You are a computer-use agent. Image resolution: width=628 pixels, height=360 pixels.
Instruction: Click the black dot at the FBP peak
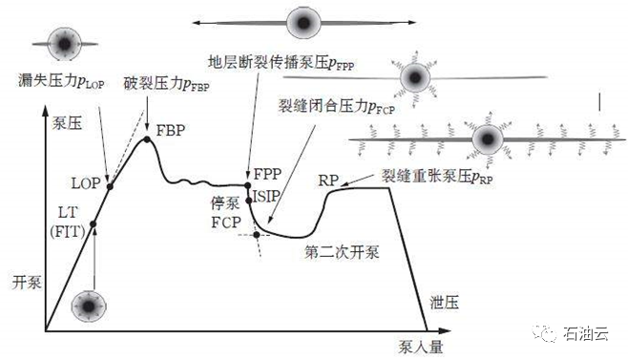coord(147,139)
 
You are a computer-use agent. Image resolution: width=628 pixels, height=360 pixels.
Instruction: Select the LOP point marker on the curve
coord(110,186)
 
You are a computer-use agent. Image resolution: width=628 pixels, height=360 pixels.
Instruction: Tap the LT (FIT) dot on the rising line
coord(93,224)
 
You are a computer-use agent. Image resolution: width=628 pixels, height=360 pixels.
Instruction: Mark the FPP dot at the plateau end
coord(248,185)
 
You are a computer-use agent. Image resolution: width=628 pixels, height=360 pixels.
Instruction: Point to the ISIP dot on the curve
coord(249,200)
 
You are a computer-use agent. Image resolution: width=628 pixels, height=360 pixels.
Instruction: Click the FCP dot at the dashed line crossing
coord(257,235)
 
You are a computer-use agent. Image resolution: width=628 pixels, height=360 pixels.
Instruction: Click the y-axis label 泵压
coord(67,123)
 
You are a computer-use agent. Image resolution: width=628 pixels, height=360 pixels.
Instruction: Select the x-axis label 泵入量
coord(421,347)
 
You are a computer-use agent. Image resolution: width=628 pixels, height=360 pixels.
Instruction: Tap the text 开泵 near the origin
coord(27,283)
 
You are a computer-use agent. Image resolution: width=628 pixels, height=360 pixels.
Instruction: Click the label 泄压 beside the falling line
coord(444,303)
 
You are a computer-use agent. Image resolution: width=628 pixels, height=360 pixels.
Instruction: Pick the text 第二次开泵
coord(342,252)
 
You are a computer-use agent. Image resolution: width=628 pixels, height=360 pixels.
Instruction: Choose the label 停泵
coord(225,203)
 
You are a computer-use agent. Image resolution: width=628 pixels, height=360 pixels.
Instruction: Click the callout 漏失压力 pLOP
coord(61,81)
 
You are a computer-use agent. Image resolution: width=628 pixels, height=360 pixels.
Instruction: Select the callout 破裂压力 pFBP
coord(167,84)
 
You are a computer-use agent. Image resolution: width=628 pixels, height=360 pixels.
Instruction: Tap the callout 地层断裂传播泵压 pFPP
coord(282,62)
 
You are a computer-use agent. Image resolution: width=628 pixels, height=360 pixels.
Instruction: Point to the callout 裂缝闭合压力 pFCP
coord(337,107)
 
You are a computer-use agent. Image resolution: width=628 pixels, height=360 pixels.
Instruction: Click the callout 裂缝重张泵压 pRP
coord(437,176)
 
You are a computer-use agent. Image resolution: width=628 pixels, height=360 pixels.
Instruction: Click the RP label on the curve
coord(328,180)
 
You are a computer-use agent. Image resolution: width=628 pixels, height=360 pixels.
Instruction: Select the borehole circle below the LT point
coord(89,307)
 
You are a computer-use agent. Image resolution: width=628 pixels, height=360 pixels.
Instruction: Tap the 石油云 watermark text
coord(586,333)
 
